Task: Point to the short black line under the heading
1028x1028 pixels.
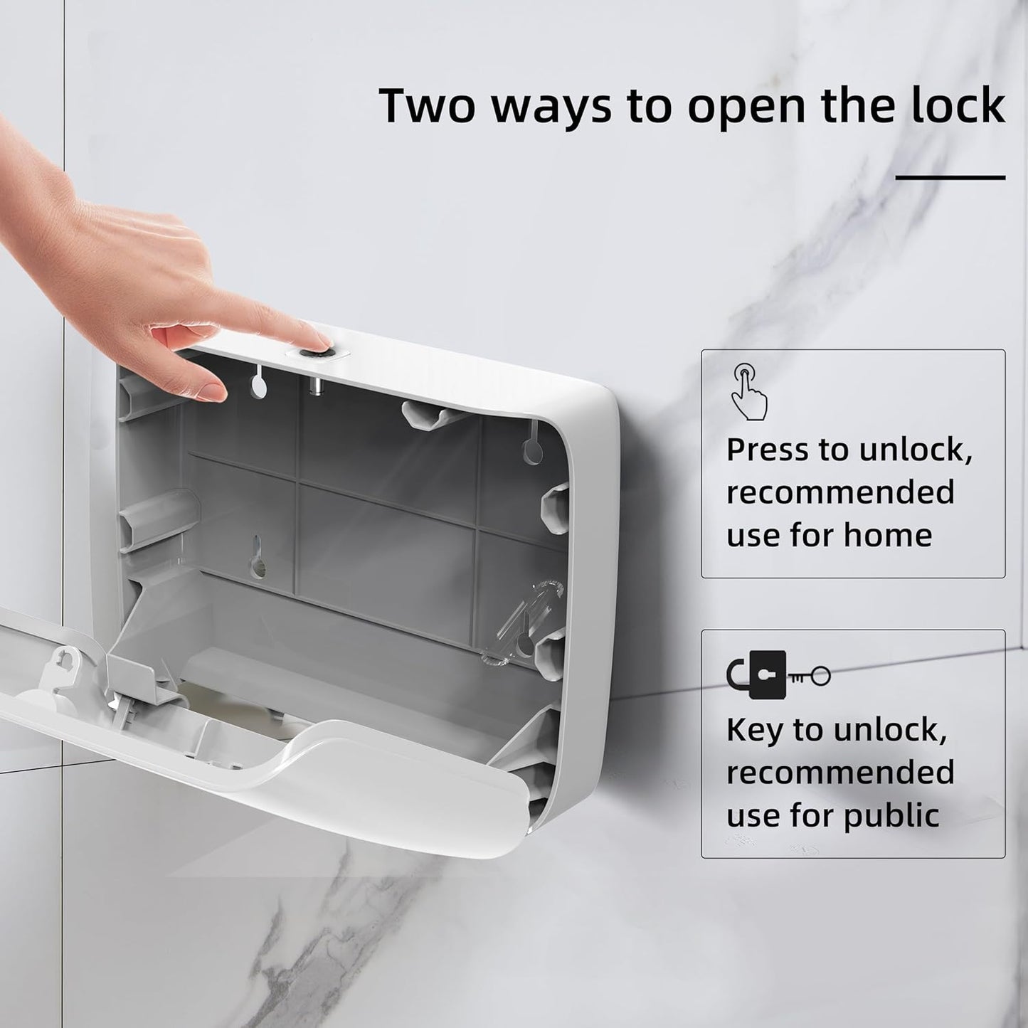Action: [950, 177]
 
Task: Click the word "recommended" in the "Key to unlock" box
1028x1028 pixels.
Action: [840, 773]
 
